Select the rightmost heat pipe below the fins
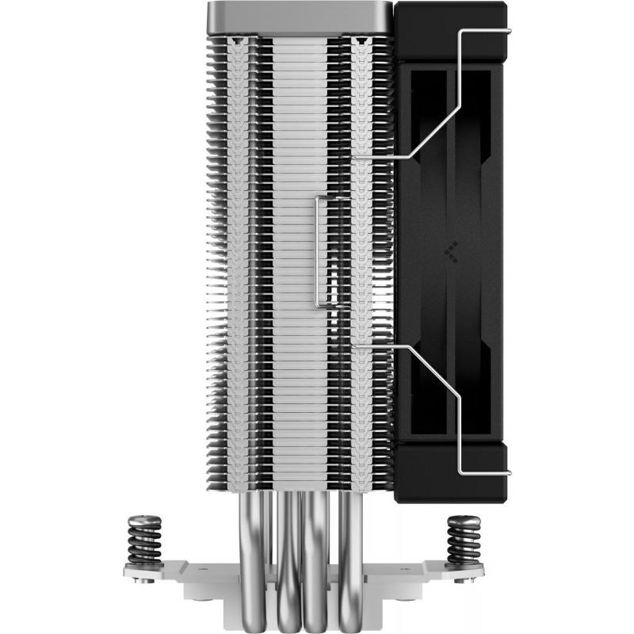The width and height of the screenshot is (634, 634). [349, 531]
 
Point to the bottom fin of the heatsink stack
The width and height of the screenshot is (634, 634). [301, 490]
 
